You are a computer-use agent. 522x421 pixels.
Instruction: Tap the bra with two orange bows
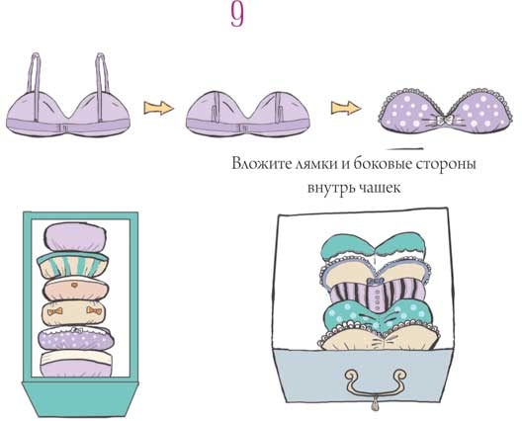click(x=74, y=315)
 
